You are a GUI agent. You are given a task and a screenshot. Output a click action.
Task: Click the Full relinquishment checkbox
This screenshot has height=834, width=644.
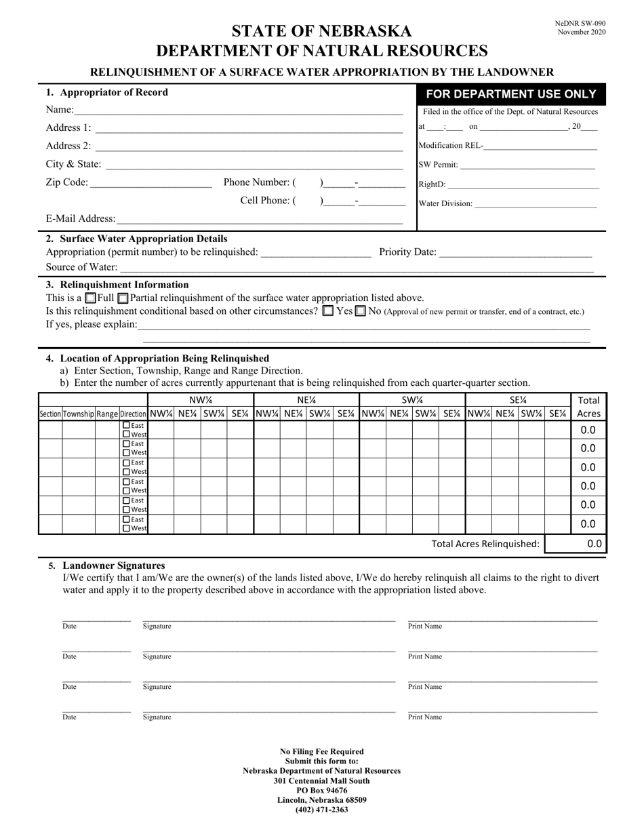click(x=91, y=298)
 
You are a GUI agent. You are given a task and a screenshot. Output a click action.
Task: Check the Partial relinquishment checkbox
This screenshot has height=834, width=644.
click(x=123, y=298)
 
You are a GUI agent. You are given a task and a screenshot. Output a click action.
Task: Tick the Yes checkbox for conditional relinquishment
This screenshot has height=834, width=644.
click(x=328, y=311)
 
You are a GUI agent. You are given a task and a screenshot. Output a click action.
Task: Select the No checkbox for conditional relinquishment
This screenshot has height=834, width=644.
click(x=361, y=311)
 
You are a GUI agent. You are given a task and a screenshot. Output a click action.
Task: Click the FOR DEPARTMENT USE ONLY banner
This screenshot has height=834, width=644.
click(x=511, y=94)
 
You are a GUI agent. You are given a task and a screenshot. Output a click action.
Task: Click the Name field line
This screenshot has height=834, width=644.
click(x=237, y=110)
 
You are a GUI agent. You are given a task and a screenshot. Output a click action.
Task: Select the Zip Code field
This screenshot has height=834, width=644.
click(x=150, y=182)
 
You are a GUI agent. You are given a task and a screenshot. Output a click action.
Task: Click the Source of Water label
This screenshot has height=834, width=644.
click(x=81, y=267)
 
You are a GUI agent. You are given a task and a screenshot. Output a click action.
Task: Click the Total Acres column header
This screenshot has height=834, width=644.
click(x=588, y=407)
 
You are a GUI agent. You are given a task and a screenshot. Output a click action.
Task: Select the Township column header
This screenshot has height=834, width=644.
click(x=79, y=414)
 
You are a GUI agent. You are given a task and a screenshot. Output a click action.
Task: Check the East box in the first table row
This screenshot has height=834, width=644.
click(x=127, y=425)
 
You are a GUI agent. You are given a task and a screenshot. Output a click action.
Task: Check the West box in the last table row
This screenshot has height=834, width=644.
click(x=127, y=528)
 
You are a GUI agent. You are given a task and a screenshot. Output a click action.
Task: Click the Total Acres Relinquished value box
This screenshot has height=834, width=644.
click(x=576, y=544)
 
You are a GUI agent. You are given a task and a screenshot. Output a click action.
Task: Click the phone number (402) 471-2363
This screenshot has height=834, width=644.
click(x=322, y=810)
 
